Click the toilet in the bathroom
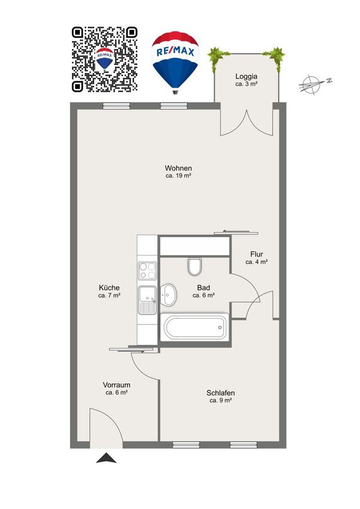point(195,266)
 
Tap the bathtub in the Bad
point(195,327)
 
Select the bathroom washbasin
point(168,295)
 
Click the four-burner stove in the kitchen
point(147,271)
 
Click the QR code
point(105,59)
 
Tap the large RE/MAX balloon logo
point(175,62)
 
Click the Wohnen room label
point(179,168)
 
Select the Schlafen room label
point(220,393)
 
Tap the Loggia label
point(246,76)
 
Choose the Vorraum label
point(117,385)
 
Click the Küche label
point(109,287)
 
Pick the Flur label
point(256,254)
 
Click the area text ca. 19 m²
point(179,176)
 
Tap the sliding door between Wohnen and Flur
point(236,232)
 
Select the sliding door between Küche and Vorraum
point(131,350)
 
